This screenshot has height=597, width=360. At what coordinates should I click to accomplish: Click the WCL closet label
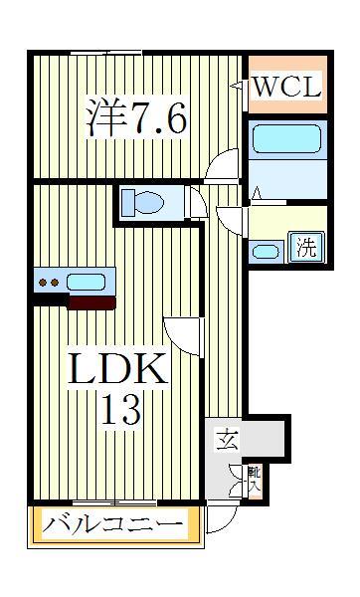pos(285,88)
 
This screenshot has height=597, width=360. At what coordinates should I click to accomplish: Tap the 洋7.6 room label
pos(136,120)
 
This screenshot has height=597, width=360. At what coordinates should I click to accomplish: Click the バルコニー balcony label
pos(114,524)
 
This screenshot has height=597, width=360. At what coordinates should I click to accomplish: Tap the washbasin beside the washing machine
pos(266,250)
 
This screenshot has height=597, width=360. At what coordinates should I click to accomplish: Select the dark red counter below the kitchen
pos(90,301)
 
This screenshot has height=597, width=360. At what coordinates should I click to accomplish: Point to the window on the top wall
pos(106,52)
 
